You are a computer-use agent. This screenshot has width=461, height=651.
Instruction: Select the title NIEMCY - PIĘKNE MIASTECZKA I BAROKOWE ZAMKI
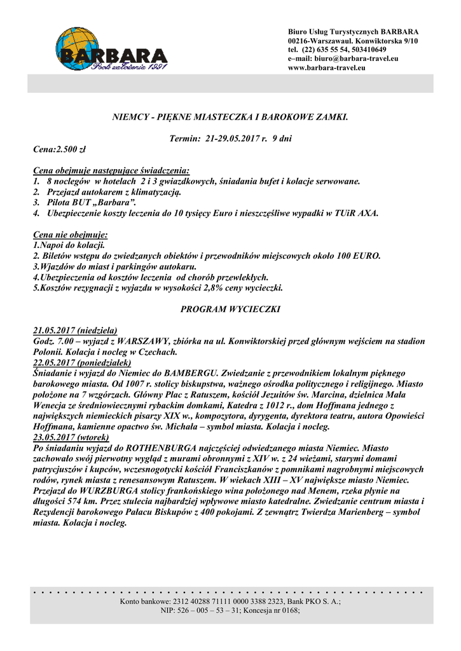[x=230, y=118]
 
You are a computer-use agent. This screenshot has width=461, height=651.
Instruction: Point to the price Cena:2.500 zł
[x=59, y=149]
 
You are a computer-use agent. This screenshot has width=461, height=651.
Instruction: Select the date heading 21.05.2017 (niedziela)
[x=75, y=330]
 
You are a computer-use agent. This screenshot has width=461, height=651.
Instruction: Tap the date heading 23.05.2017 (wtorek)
[x=71, y=438]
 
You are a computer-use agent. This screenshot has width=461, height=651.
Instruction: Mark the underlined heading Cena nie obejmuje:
[x=70, y=235]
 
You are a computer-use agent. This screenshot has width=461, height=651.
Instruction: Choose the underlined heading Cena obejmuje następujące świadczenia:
[x=111, y=171]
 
